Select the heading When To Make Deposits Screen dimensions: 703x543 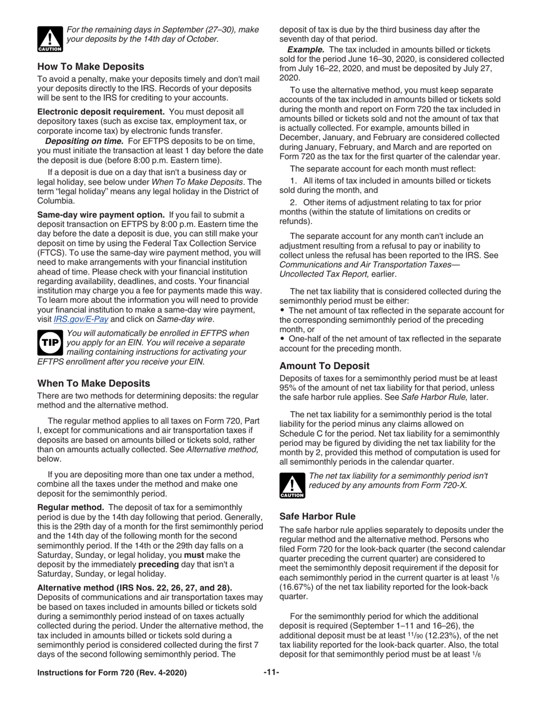tap(94, 383)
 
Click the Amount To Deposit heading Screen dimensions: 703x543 tap(324, 366)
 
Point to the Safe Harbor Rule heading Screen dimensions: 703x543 tap(317, 516)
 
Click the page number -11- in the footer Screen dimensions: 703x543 tap(271, 673)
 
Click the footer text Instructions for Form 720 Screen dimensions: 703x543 tap(111, 673)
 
